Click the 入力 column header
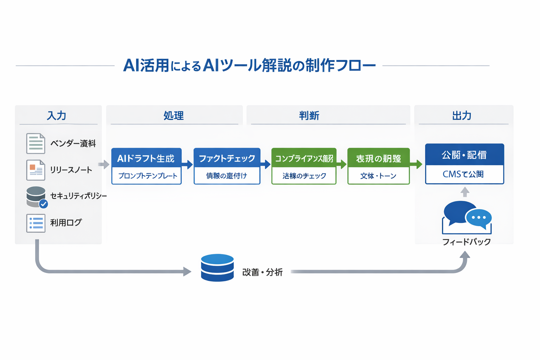click(x=57, y=116)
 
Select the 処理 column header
click(x=173, y=116)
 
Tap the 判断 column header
click(x=309, y=116)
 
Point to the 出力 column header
click(x=462, y=116)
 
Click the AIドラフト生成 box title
click(x=146, y=159)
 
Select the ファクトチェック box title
click(x=227, y=159)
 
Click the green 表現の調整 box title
click(x=378, y=159)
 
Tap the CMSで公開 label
click(x=463, y=174)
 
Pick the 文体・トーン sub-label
click(x=378, y=176)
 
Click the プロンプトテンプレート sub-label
click(x=147, y=176)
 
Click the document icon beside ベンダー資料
click(x=36, y=143)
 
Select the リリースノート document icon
click(x=36, y=170)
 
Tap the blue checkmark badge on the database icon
click(x=44, y=204)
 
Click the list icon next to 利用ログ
click(x=36, y=223)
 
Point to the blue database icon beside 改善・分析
click(x=217, y=268)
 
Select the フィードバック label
click(x=466, y=242)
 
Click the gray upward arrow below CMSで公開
click(x=465, y=192)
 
